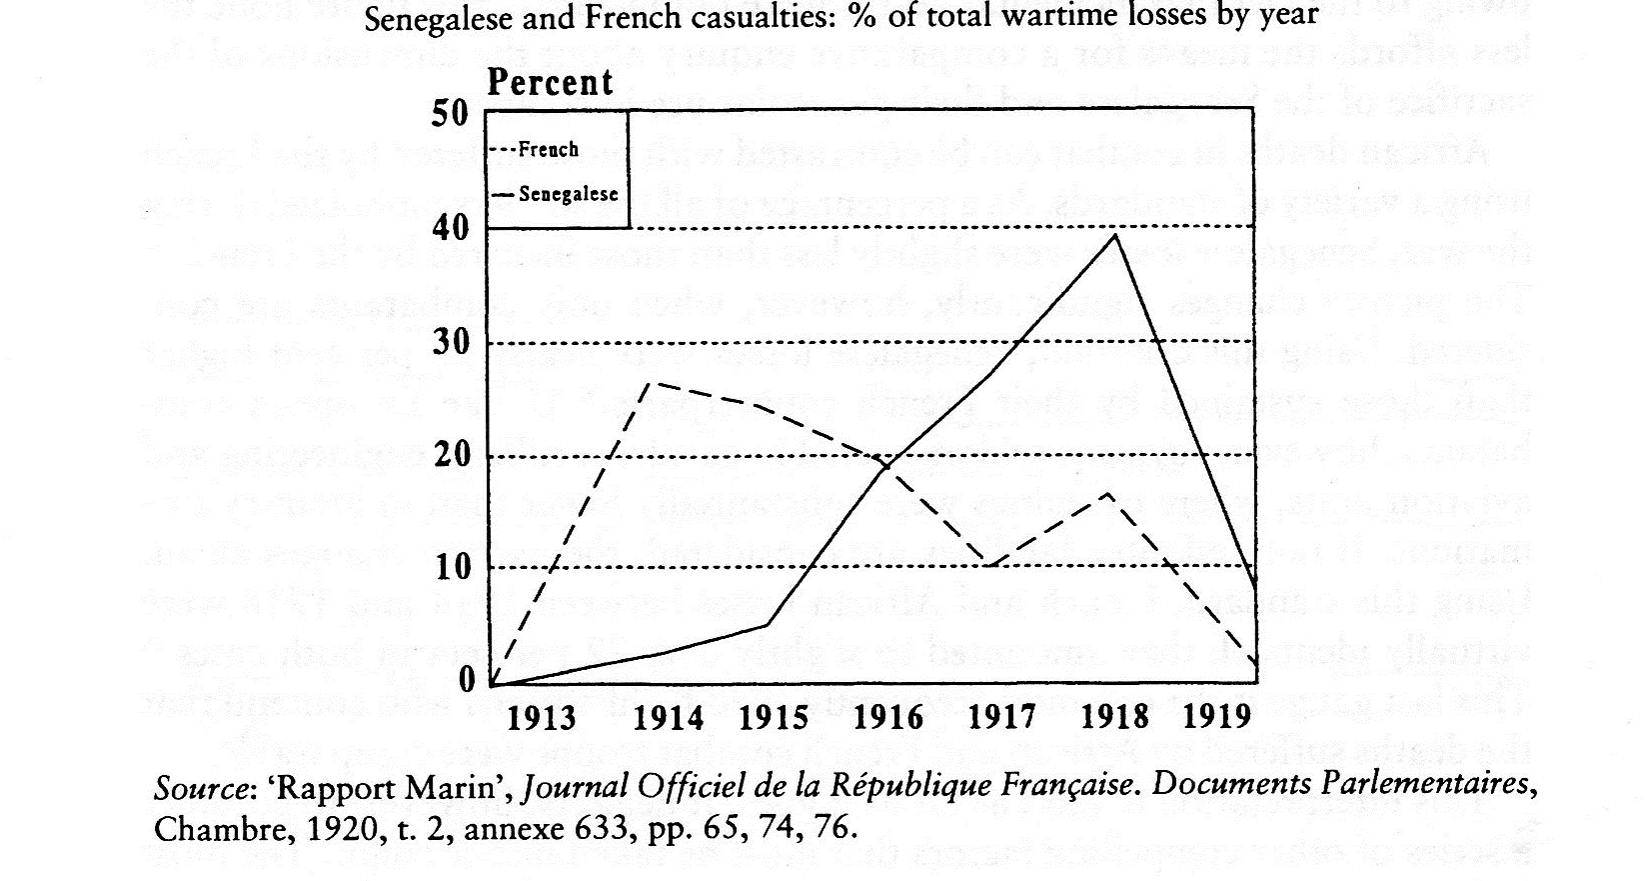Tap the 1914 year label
click(670, 717)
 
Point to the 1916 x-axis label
click(889, 717)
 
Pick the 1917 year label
click(1002, 717)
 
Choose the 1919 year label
click(1217, 717)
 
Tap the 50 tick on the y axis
click(450, 112)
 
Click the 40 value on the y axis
click(450, 228)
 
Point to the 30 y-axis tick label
click(450, 342)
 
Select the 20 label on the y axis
click(450, 456)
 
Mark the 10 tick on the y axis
click(450, 567)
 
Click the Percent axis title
click(550, 82)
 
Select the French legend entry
click(549, 150)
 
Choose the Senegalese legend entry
click(568, 194)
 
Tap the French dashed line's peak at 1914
click(652, 382)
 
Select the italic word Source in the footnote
click(204, 789)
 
